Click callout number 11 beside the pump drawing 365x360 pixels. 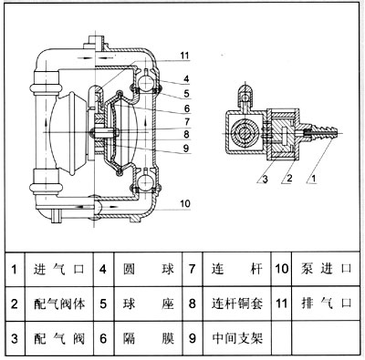click(184, 56)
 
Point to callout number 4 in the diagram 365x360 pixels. click(186, 79)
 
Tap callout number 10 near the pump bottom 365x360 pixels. click(185, 203)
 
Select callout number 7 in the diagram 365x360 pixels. click(187, 121)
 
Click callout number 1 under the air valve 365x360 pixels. click(314, 179)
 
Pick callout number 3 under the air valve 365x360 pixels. click(265, 180)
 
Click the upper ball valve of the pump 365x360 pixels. click(145, 82)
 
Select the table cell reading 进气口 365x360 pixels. click(58, 269)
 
